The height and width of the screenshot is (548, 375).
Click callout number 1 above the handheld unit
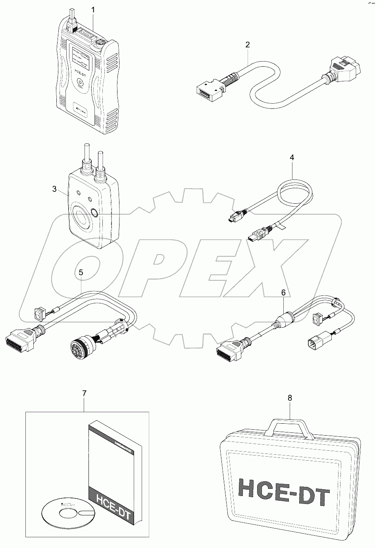(94, 9)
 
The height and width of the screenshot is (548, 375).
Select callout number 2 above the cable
(247, 45)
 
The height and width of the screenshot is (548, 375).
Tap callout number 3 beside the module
(55, 189)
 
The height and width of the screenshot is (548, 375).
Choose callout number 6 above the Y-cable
(283, 292)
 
